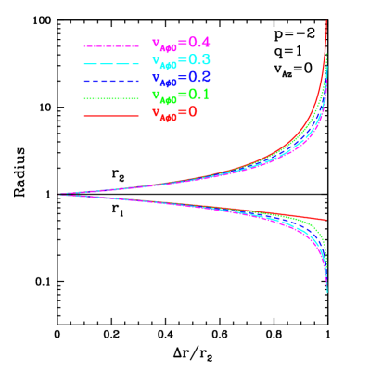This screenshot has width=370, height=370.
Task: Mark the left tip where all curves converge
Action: (x=60, y=194)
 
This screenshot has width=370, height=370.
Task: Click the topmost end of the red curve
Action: (x=326, y=21)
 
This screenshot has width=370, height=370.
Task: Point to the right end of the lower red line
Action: (x=326, y=221)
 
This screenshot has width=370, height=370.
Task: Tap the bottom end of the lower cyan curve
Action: (x=327, y=293)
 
